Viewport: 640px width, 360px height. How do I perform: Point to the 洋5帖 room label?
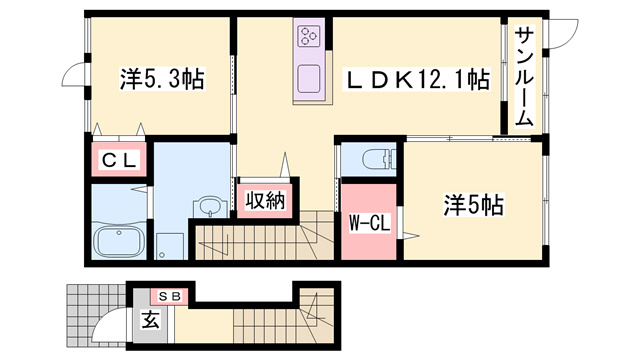point(473,207)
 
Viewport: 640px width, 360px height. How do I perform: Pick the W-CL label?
point(369,222)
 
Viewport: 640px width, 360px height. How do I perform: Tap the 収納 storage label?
point(265,199)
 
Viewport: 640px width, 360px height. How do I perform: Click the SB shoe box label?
point(167,297)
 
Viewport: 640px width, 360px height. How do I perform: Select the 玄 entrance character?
point(150,321)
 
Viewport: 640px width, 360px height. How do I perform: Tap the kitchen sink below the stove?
point(307,77)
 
